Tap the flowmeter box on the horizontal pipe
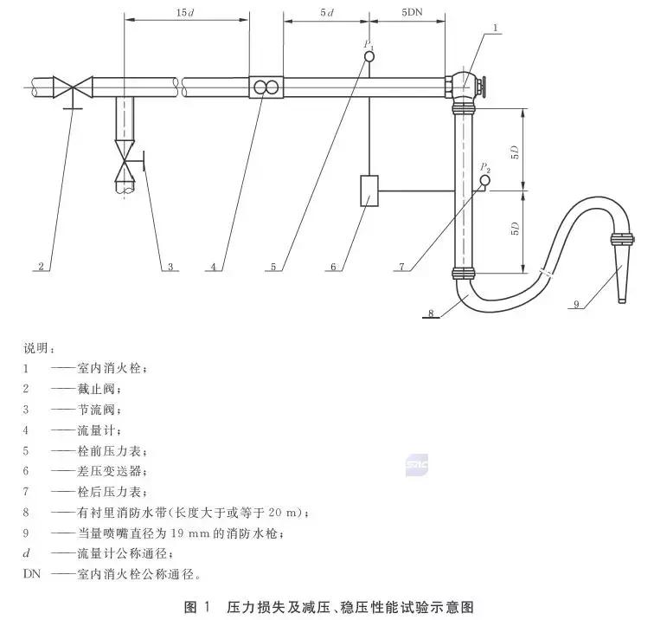click(x=266, y=87)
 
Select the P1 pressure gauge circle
click(x=369, y=56)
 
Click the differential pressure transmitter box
click(x=369, y=190)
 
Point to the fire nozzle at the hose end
click(x=621, y=273)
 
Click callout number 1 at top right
click(x=495, y=29)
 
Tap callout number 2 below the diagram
click(x=40, y=267)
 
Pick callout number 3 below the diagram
click(x=171, y=267)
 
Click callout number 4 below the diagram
click(x=212, y=267)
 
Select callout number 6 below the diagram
click(x=332, y=267)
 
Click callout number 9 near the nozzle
click(x=576, y=304)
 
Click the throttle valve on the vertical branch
click(x=127, y=161)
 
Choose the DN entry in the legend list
click(x=31, y=573)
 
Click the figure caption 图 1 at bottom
click(x=198, y=606)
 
